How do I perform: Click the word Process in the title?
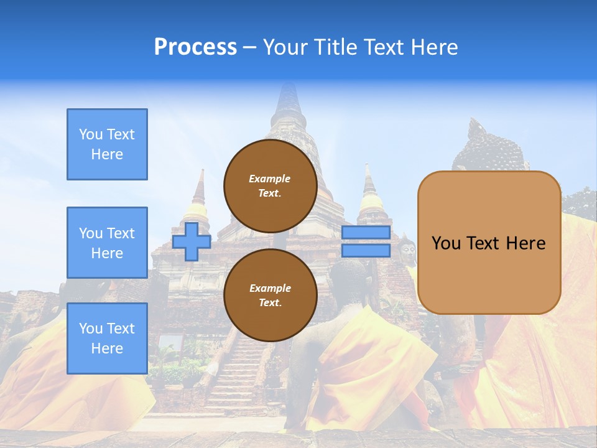[195, 47]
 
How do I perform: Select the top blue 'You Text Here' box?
[107, 144]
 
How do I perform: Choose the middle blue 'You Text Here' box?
[107, 243]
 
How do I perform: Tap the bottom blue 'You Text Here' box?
[107, 338]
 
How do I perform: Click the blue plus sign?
[192, 241]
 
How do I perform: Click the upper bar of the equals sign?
[366, 233]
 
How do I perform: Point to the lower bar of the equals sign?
[366, 251]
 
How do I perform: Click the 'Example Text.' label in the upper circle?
[270, 186]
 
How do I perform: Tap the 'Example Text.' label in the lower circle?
[270, 296]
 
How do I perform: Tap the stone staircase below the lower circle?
[243, 373]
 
